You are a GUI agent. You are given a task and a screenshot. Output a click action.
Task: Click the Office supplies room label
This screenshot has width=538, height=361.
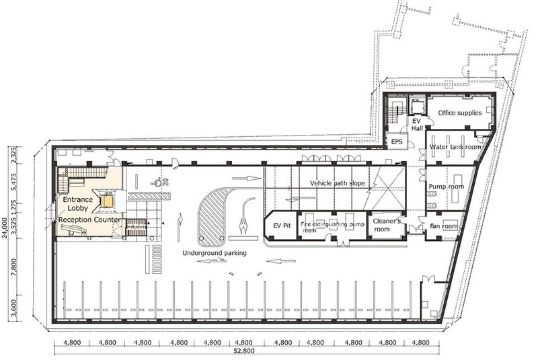(x=461, y=113)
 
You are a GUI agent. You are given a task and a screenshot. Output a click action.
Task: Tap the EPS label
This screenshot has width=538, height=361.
(x=397, y=143)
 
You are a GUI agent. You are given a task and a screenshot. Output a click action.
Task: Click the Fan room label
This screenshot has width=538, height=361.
(x=445, y=225)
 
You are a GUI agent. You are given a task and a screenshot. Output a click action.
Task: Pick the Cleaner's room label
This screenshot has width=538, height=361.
(x=387, y=225)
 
